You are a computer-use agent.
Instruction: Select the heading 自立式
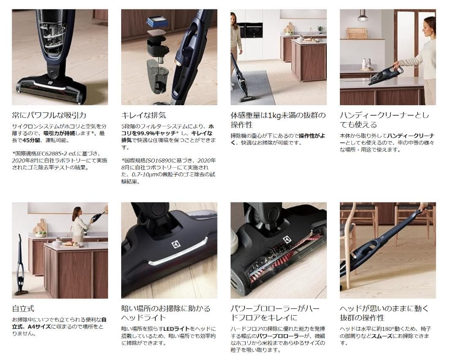[23, 309]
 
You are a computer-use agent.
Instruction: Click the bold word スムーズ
[383, 335]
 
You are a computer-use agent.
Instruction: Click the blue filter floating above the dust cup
[157, 22]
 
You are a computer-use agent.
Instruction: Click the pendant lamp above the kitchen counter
[361, 16]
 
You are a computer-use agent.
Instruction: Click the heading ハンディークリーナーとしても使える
[384, 120]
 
